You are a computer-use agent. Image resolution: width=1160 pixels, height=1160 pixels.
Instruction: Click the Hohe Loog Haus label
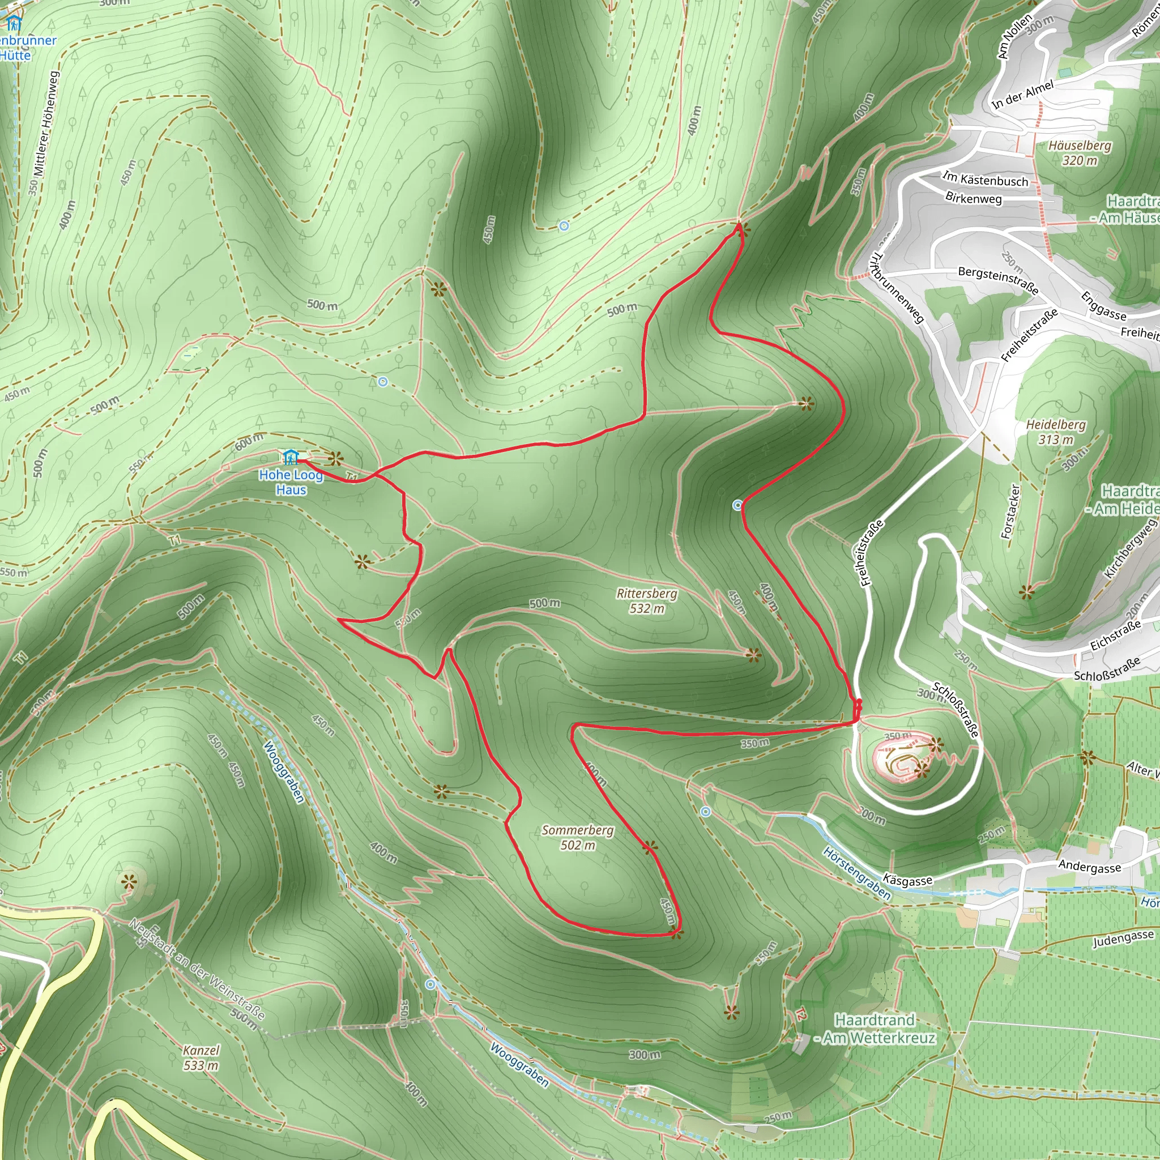[291, 482]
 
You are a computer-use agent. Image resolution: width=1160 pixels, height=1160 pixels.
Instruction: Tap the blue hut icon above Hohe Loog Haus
[291, 457]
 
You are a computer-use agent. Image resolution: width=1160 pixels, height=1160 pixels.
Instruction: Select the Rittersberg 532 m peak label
[647, 600]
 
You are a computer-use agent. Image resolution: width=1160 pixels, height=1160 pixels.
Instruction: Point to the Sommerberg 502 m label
[578, 837]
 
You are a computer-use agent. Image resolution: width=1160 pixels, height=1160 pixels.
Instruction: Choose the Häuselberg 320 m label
[1080, 152]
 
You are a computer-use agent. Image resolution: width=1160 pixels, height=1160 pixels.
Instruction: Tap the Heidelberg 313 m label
[1056, 432]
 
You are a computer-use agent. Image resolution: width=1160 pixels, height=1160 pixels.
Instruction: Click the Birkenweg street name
[973, 198]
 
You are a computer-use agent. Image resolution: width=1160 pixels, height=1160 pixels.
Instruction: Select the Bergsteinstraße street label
[998, 280]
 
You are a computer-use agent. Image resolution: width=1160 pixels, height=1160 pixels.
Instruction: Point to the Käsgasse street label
[907, 880]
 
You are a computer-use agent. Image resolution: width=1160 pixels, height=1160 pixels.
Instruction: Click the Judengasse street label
[1122, 939]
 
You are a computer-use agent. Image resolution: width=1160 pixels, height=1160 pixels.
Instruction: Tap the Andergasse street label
[1089, 867]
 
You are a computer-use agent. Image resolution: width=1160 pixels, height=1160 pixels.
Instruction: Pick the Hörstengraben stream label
[856, 873]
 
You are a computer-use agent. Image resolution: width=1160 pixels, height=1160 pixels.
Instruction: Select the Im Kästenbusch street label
[986, 178]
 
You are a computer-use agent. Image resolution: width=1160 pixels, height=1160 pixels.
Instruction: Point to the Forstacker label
[1011, 511]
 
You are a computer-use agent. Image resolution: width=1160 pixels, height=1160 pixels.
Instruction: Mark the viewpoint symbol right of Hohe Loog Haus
[336, 459]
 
